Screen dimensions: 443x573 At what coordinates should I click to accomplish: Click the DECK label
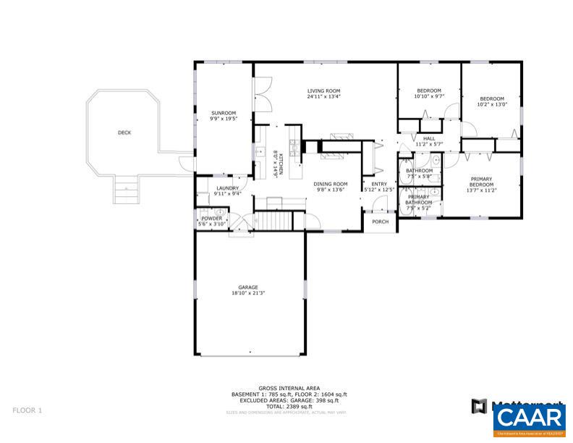coord(124,132)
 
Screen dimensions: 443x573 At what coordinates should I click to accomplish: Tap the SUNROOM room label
coord(223,113)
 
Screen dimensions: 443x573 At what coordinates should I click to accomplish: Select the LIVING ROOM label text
coord(323,90)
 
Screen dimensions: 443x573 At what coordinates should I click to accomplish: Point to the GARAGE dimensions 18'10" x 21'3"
coord(248,293)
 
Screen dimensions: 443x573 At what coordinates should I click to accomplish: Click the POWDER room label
coord(211,218)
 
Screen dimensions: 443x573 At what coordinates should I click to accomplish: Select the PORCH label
coord(380,221)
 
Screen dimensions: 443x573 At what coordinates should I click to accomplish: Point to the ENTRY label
coord(379,184)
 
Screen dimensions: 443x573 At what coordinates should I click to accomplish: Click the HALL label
coord(429,138)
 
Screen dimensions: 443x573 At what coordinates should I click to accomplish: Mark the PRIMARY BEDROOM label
coord(481,181)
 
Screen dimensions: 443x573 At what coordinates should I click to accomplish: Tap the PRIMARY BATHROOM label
coord(420,199)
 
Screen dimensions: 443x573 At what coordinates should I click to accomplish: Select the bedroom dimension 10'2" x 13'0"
coord(492,104)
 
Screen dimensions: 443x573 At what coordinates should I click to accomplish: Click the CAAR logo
coord(530,418)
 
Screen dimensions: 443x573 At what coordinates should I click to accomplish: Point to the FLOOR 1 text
coord(27,410)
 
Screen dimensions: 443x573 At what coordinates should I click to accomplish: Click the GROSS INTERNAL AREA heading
coord(285,387)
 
